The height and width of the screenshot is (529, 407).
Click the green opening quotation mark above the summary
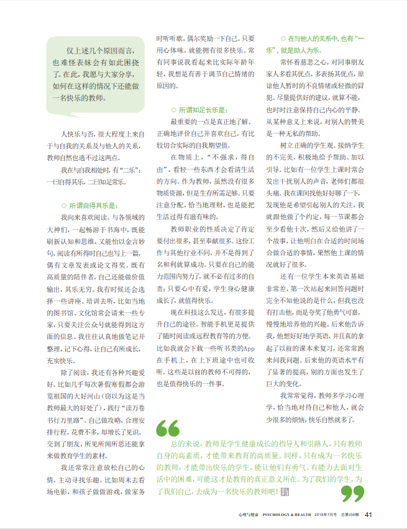tap(168, 428)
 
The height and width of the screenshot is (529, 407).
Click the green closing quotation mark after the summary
tap(352, 492)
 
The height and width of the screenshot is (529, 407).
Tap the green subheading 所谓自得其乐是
tap(93, 205)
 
